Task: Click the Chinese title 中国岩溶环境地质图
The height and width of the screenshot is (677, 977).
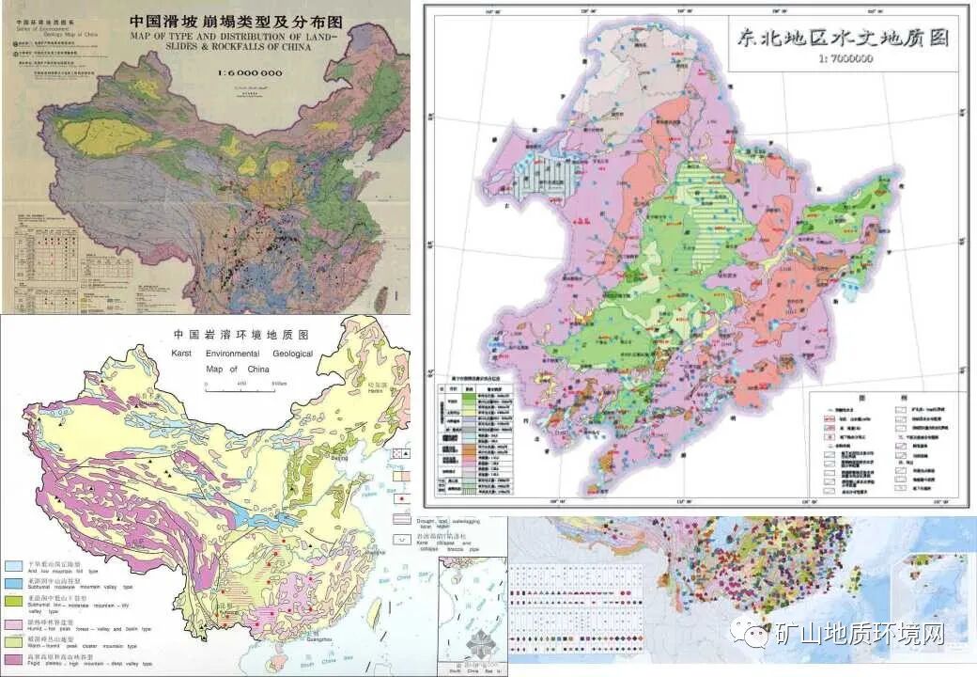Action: (x=241, y=334)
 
